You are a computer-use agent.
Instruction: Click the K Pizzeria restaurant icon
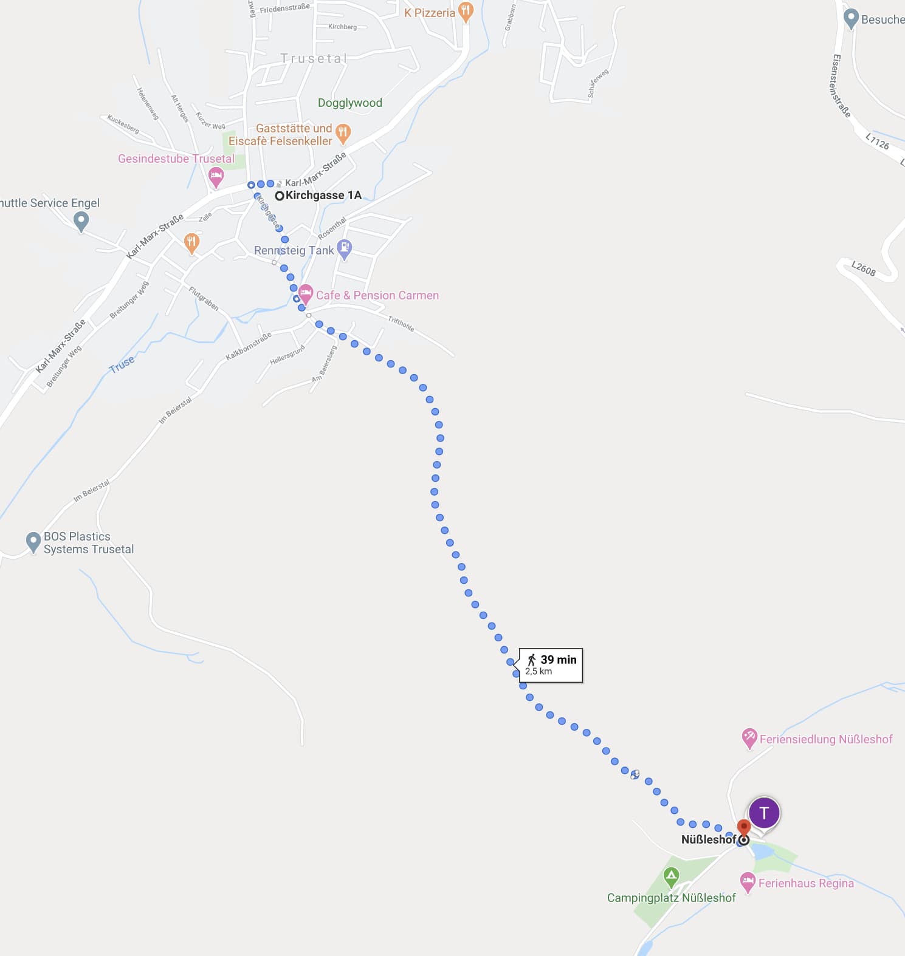pyautogui.click(x=466, y=11)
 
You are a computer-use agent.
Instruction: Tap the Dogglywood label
pyautogui.click(x=350, y=103)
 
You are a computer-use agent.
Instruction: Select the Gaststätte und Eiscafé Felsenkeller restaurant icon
pyautogui.click(x=343, y=132)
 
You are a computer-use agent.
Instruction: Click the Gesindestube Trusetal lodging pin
pyautogui.click(x=216, y=177)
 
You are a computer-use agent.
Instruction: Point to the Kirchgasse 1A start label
pyautogui.click(x=323, y=195)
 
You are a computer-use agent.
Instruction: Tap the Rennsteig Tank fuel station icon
pyautogui.click(x=345, y=248)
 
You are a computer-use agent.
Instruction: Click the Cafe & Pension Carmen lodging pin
pyautogui.click(x=306, y=294)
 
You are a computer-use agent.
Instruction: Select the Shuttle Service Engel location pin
pyautogui.click(x=81, y=220)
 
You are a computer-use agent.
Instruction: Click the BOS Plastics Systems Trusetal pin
pyautogui.click(x=33, y=541)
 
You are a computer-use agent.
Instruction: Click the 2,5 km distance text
pyautogui.click(x=539, y=672)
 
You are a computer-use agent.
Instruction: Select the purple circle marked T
pyautogui.click(x=764, y=813)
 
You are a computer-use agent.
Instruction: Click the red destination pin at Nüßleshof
pyautogui.click(x=743, y=827)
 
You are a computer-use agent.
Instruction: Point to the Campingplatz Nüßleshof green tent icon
pyautogui.click(x=671, y=876)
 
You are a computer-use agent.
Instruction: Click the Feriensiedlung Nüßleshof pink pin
pyautogui.click(x=749, y=738)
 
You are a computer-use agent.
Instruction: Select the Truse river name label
pyautogui.click(x=122, y=364)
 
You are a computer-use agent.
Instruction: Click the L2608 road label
pyautogui.click(x=863, y=268)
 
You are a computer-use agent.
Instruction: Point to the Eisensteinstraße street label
pyautogui.click(x=841, y=86)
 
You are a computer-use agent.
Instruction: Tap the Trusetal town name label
pyautogui.click(x=314, y=59)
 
